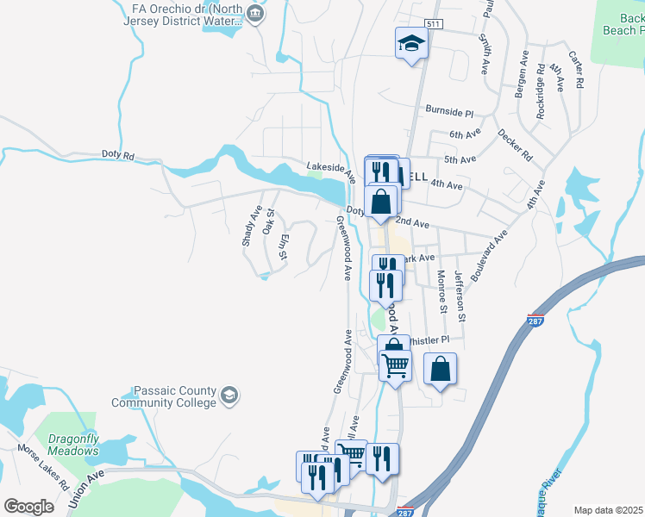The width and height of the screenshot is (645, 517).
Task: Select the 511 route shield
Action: tap(434, 24)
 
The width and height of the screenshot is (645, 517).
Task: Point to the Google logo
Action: tap(28, 507)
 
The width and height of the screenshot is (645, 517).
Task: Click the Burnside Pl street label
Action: tap(450, 112)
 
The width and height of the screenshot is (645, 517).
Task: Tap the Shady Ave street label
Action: tap(252, 227)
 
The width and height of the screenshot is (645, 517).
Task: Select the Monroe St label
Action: tap(441, 291)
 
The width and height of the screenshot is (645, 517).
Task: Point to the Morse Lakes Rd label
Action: tap(40, 466)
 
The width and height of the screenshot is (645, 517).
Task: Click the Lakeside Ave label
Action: tap(331, 166)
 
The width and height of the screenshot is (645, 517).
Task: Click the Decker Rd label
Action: tap(515, 144)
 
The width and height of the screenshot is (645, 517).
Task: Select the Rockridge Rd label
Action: tap(541, 90)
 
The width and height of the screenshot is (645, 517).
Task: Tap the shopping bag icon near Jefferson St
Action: tap(440, 369)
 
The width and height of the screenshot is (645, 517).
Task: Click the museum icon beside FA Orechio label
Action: tap(254, 13)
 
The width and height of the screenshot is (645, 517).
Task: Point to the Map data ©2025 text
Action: tap(609, 510)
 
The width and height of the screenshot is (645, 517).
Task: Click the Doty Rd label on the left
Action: tap(118, 156)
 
